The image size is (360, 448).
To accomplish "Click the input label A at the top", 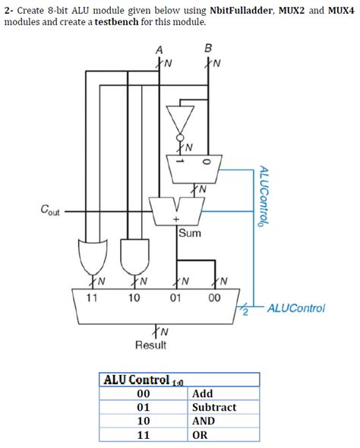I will [x=159, y=49].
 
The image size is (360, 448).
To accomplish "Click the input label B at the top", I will [x=208, y=49].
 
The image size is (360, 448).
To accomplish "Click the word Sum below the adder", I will [x=190, y=233].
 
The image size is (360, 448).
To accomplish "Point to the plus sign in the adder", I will [x=175, y=219].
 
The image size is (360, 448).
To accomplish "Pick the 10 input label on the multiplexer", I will [x=134, y=298].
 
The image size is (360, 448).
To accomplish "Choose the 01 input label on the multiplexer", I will [x=175, y=298].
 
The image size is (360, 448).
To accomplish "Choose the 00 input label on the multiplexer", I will [x=214, y=298].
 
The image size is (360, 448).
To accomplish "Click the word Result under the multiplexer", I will [x=150, y=345].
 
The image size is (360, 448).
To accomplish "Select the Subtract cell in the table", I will [x=214, y=408].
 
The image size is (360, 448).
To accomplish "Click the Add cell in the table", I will [x=203, y=394].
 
